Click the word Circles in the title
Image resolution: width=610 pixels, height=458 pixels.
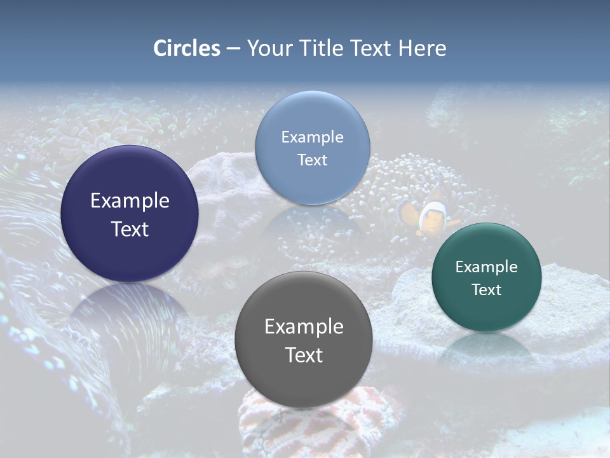point(187,48)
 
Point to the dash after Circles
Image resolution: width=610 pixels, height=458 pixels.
point(233,49)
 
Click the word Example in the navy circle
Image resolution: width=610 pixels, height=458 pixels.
point(130,201)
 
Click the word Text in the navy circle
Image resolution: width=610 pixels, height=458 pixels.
point(130,229)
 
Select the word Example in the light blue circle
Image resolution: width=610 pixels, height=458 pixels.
point(312,137)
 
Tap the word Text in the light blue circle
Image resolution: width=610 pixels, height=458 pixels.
point(312,160)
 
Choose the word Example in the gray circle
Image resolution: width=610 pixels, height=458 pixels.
point(304,327)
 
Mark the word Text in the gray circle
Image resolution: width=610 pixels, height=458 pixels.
point(304,355)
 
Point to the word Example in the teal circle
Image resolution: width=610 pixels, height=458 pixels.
point(486,267)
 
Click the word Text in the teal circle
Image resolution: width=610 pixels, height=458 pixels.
point(486,290)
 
